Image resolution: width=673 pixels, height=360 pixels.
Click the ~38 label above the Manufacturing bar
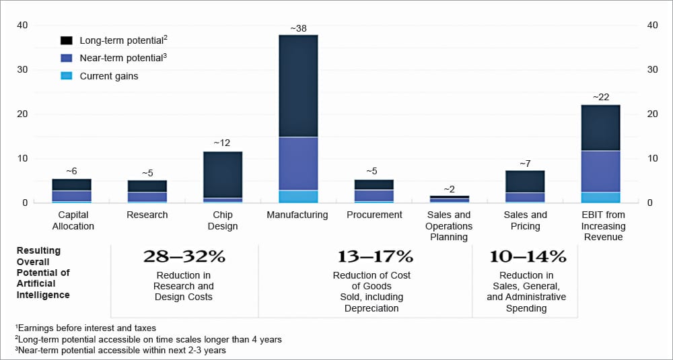[x=297, y=29]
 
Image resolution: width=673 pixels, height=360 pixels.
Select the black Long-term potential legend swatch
[x=67, y=40]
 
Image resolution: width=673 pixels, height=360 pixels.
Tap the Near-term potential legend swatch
[x=67, y=58]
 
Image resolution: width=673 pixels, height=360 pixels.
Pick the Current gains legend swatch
[x=67, y=76]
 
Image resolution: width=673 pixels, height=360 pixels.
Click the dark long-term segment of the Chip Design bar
[x=223, y=174]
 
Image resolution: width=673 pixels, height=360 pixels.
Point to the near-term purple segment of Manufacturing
[x=297, y=164]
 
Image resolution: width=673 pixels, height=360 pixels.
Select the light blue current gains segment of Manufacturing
[x=297, y=196]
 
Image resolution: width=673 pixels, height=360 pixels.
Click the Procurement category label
[x=374, y=215]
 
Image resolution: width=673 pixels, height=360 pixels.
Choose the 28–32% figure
[x=184, y=256]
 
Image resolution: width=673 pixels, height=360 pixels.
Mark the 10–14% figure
[x=526, y=256]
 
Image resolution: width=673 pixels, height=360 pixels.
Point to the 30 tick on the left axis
[x=22, y=69]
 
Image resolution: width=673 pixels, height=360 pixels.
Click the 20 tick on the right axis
[x=651, y=114]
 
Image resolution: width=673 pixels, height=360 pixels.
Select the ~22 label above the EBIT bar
[x=601, y=98]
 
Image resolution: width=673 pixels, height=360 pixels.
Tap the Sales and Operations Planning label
[x=449, y=225]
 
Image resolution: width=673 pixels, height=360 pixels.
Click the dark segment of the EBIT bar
[x=601, y=128]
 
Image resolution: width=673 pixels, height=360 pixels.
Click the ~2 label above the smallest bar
[x=449, y=190]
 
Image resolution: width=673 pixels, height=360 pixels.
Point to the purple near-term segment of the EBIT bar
[x=601, y=172]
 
